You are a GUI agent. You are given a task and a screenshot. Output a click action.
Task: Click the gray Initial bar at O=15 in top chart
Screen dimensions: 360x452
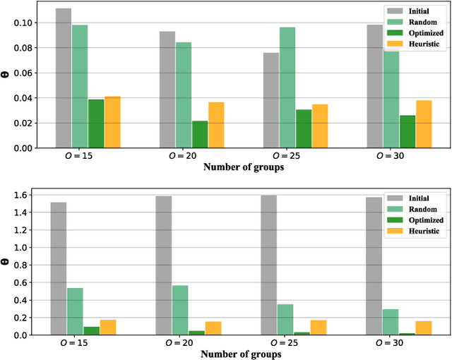(63, 78)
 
